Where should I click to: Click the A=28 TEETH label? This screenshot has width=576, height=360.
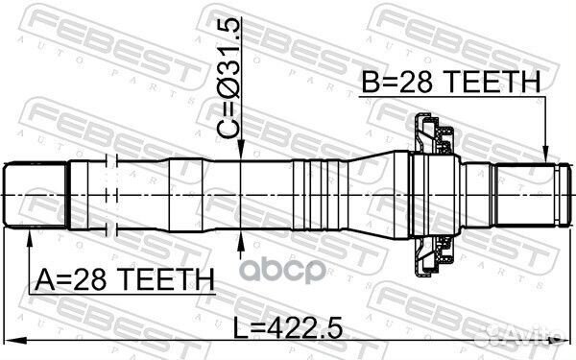[124, 280]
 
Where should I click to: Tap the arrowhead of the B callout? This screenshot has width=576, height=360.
[545, 157]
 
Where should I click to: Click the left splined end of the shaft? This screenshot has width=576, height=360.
[37, 196]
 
